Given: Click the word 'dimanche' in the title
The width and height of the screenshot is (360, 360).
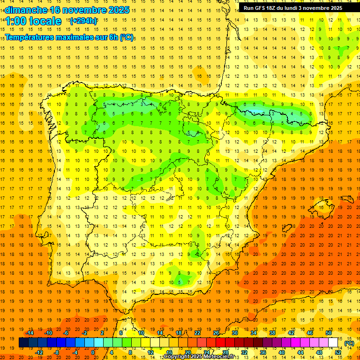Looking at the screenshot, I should pyautogui.click(x=25, y=10).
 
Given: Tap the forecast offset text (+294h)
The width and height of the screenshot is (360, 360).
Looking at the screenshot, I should pyautogui.click(x=83, y=21).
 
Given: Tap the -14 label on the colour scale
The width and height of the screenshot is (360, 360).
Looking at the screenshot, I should pyautogui.click(x=30, y=333).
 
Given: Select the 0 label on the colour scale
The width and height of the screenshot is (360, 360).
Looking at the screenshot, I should pyautogui.click(x=93, y=352).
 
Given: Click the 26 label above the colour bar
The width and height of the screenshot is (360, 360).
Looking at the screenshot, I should pyautogui.click(x=216, y=333).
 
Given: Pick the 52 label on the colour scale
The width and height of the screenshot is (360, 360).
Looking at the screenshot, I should pyautogui.click(x=338, y=352).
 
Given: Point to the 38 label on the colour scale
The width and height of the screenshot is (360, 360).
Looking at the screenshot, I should pyautogui.click(x=272, y=333).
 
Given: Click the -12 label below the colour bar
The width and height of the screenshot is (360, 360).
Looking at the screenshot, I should pyautogui.click(x=39, y=352).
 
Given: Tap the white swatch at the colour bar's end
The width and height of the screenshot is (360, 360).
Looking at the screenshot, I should pyautogui.click(x=333, y=343).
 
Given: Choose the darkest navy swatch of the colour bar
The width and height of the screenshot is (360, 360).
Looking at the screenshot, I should pyautogui.click(x=23, y=343).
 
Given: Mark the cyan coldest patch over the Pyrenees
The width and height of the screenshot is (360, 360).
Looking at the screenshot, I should pyautogui.click(x=257, y=111).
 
